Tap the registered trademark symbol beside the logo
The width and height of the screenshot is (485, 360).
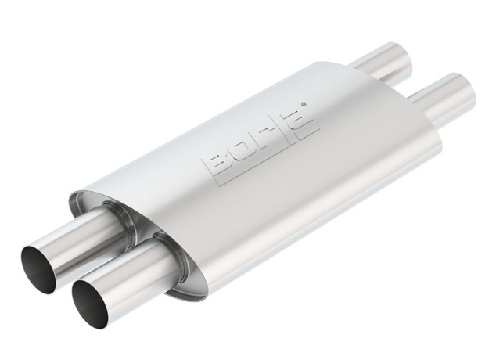(x=304, y=104)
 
